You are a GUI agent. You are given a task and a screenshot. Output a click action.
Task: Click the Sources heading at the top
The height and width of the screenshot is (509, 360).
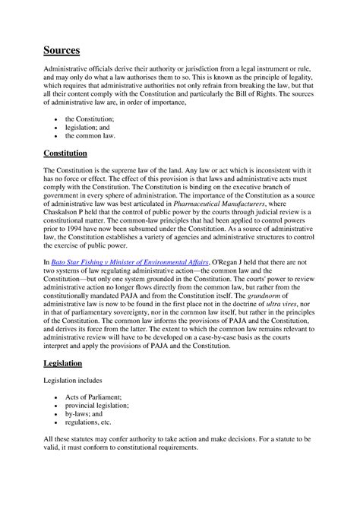click(x=61, y=50)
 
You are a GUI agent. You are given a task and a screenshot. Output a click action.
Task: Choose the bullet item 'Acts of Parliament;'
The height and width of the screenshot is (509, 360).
click(x=93, y=397)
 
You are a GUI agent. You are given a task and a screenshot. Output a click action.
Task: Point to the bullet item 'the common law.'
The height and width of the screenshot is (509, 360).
click(x=91, y=135)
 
